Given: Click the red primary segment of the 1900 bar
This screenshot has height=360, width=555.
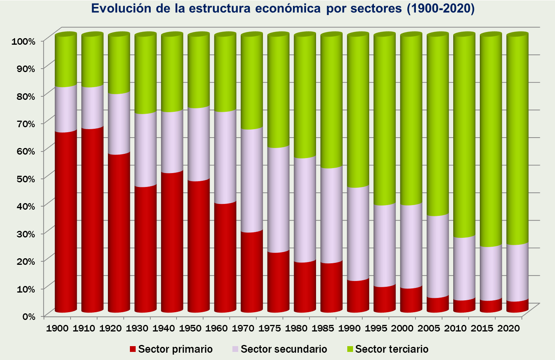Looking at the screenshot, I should tap(66, 222).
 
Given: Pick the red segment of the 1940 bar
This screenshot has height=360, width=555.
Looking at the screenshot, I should tap(172, 242).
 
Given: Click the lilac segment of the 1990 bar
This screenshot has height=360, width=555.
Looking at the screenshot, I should tap(358, 234).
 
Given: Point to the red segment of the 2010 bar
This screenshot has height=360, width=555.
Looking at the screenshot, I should tap(464, 306).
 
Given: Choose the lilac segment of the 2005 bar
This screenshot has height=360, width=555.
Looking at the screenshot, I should tap(437, 256).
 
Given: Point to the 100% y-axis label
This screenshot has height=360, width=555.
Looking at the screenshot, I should tap(24, 41).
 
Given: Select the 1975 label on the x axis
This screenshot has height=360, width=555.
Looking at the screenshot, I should tap(270, 328).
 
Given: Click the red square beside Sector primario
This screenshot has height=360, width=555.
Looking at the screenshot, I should tap(133, 349).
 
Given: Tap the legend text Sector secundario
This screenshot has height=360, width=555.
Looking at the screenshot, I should tap(284, 349).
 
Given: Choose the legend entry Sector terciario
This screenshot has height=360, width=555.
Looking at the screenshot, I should tap(392, 349).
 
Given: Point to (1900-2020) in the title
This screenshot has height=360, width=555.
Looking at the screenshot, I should tap(441, 8).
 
